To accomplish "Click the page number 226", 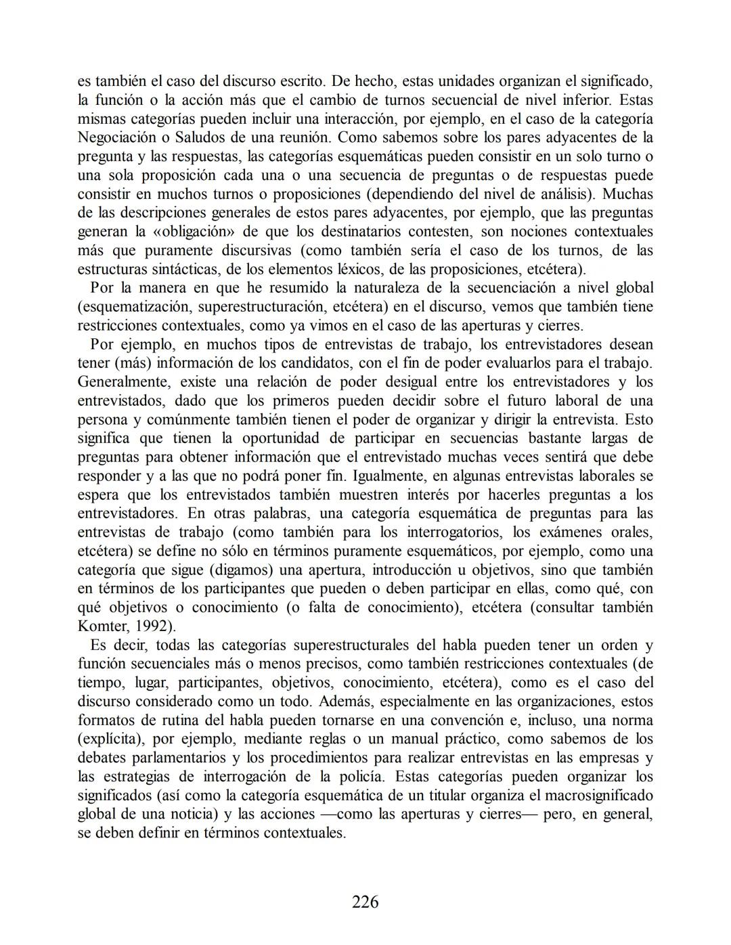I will click(365, 902).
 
